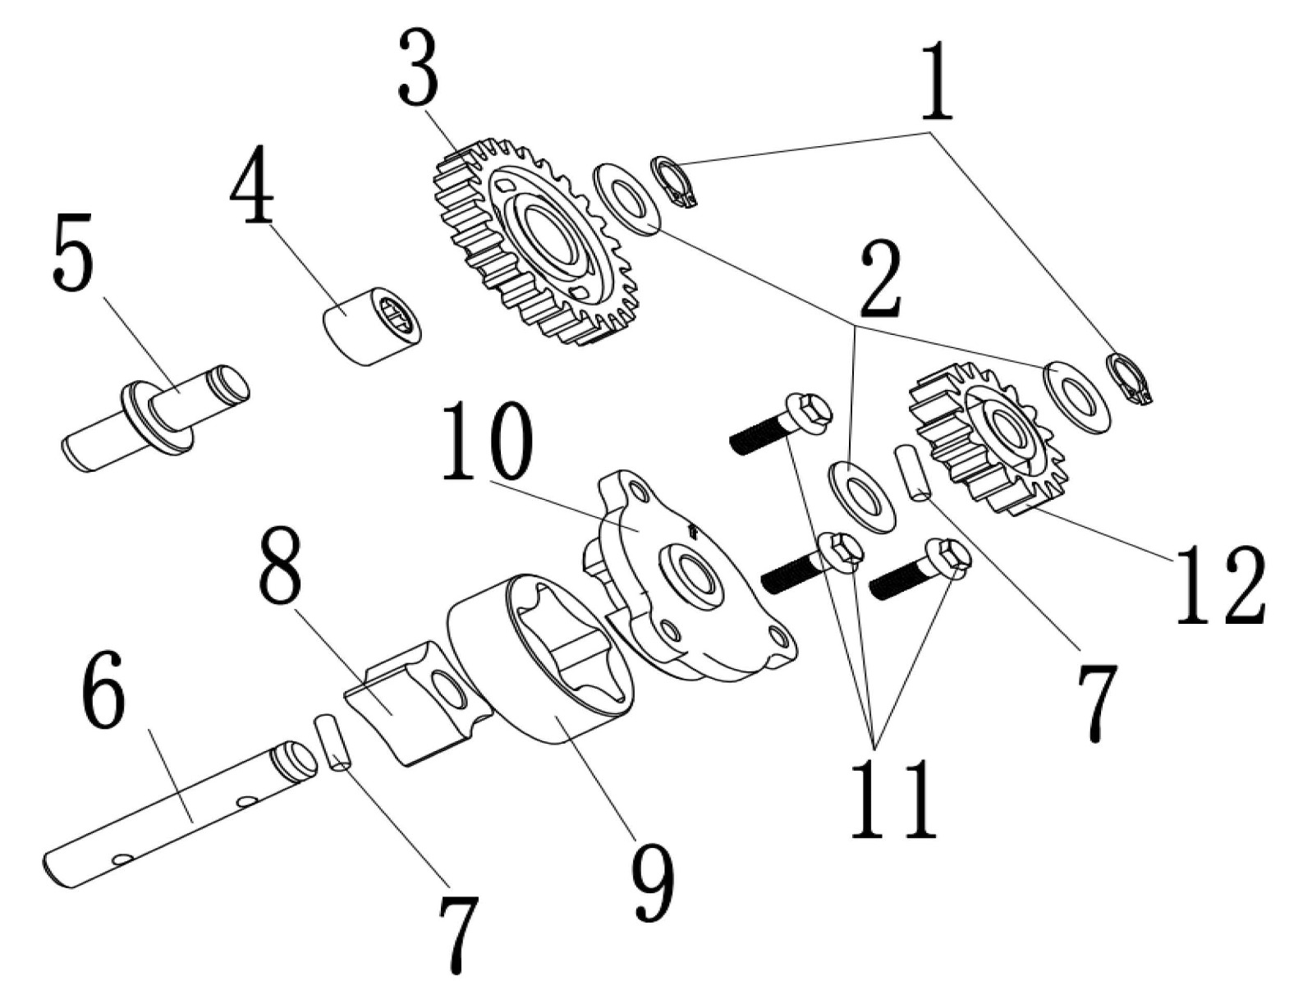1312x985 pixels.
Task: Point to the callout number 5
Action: [72, 254]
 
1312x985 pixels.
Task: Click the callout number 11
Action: [893, 797]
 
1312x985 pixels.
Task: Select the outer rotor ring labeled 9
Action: [542, 657]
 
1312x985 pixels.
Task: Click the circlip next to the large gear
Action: [672, 181]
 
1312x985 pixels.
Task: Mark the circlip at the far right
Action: [1128, 378]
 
